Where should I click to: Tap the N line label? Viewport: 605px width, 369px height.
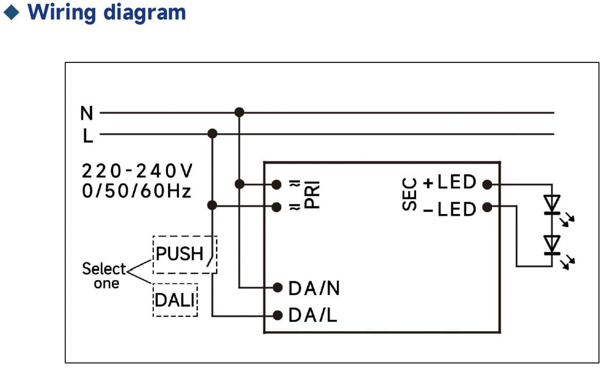(x=86, y=113)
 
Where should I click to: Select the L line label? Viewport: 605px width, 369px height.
(x=88, y=137)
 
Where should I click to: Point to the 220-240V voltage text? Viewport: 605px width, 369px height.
(x=137, y=171)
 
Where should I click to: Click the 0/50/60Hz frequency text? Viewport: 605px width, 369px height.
(x=136, y=191)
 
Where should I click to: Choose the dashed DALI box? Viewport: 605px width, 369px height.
(x=175, y=300)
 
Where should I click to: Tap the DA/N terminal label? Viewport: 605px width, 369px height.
(x=314, y=288)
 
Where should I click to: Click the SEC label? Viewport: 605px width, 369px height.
(x=409, y=195)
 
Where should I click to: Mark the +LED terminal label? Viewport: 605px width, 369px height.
(x=450, y=183)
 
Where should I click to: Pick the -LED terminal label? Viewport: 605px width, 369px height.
(x=450, y=209)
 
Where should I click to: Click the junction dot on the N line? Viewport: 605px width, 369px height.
(x=239, y=112)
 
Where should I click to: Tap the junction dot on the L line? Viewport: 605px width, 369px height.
(x=212, y=134)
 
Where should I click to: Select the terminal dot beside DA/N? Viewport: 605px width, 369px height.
(x=277, y=288)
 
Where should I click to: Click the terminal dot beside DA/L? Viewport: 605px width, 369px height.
(x=277, y=316)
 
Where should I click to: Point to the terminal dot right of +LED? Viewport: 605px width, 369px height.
(x=486, y=184)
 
